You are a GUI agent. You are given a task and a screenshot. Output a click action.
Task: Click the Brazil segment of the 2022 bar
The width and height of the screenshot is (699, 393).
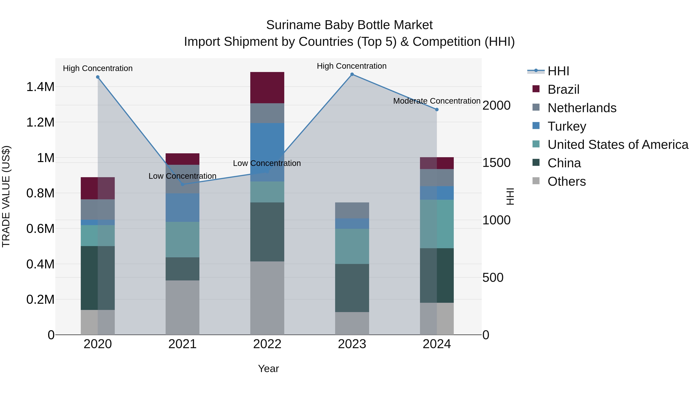pos(267,87)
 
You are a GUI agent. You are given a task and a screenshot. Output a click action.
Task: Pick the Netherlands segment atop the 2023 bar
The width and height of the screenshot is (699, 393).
pos(352,210)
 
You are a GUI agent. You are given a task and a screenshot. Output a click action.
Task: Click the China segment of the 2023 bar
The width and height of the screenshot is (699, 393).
pos(352,288)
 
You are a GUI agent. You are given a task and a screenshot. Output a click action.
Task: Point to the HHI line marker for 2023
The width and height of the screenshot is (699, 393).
pos(352,74)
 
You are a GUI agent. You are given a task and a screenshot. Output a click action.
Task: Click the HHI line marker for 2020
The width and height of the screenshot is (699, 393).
pos(98,77)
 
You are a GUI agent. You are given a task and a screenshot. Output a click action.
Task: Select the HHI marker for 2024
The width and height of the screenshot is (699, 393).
pos(437,110)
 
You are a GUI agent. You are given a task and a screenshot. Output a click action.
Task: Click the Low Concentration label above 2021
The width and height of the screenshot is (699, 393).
pos(182,176)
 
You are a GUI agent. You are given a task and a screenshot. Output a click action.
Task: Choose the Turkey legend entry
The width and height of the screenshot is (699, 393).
pos(567,126)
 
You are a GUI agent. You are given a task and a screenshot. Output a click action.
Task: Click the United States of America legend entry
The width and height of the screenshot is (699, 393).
pos(618,145)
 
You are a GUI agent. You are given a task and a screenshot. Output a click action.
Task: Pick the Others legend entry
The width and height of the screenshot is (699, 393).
pos(566,181)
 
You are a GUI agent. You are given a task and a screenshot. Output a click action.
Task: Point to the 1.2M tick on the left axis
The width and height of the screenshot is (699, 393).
pos(40,122)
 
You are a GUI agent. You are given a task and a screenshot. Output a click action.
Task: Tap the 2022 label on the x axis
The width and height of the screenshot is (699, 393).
pos(267,344)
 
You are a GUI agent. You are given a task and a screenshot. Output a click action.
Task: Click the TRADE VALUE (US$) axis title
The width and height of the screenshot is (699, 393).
pos(6,196)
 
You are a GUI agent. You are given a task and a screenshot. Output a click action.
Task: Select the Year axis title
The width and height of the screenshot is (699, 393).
pos(268,369)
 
